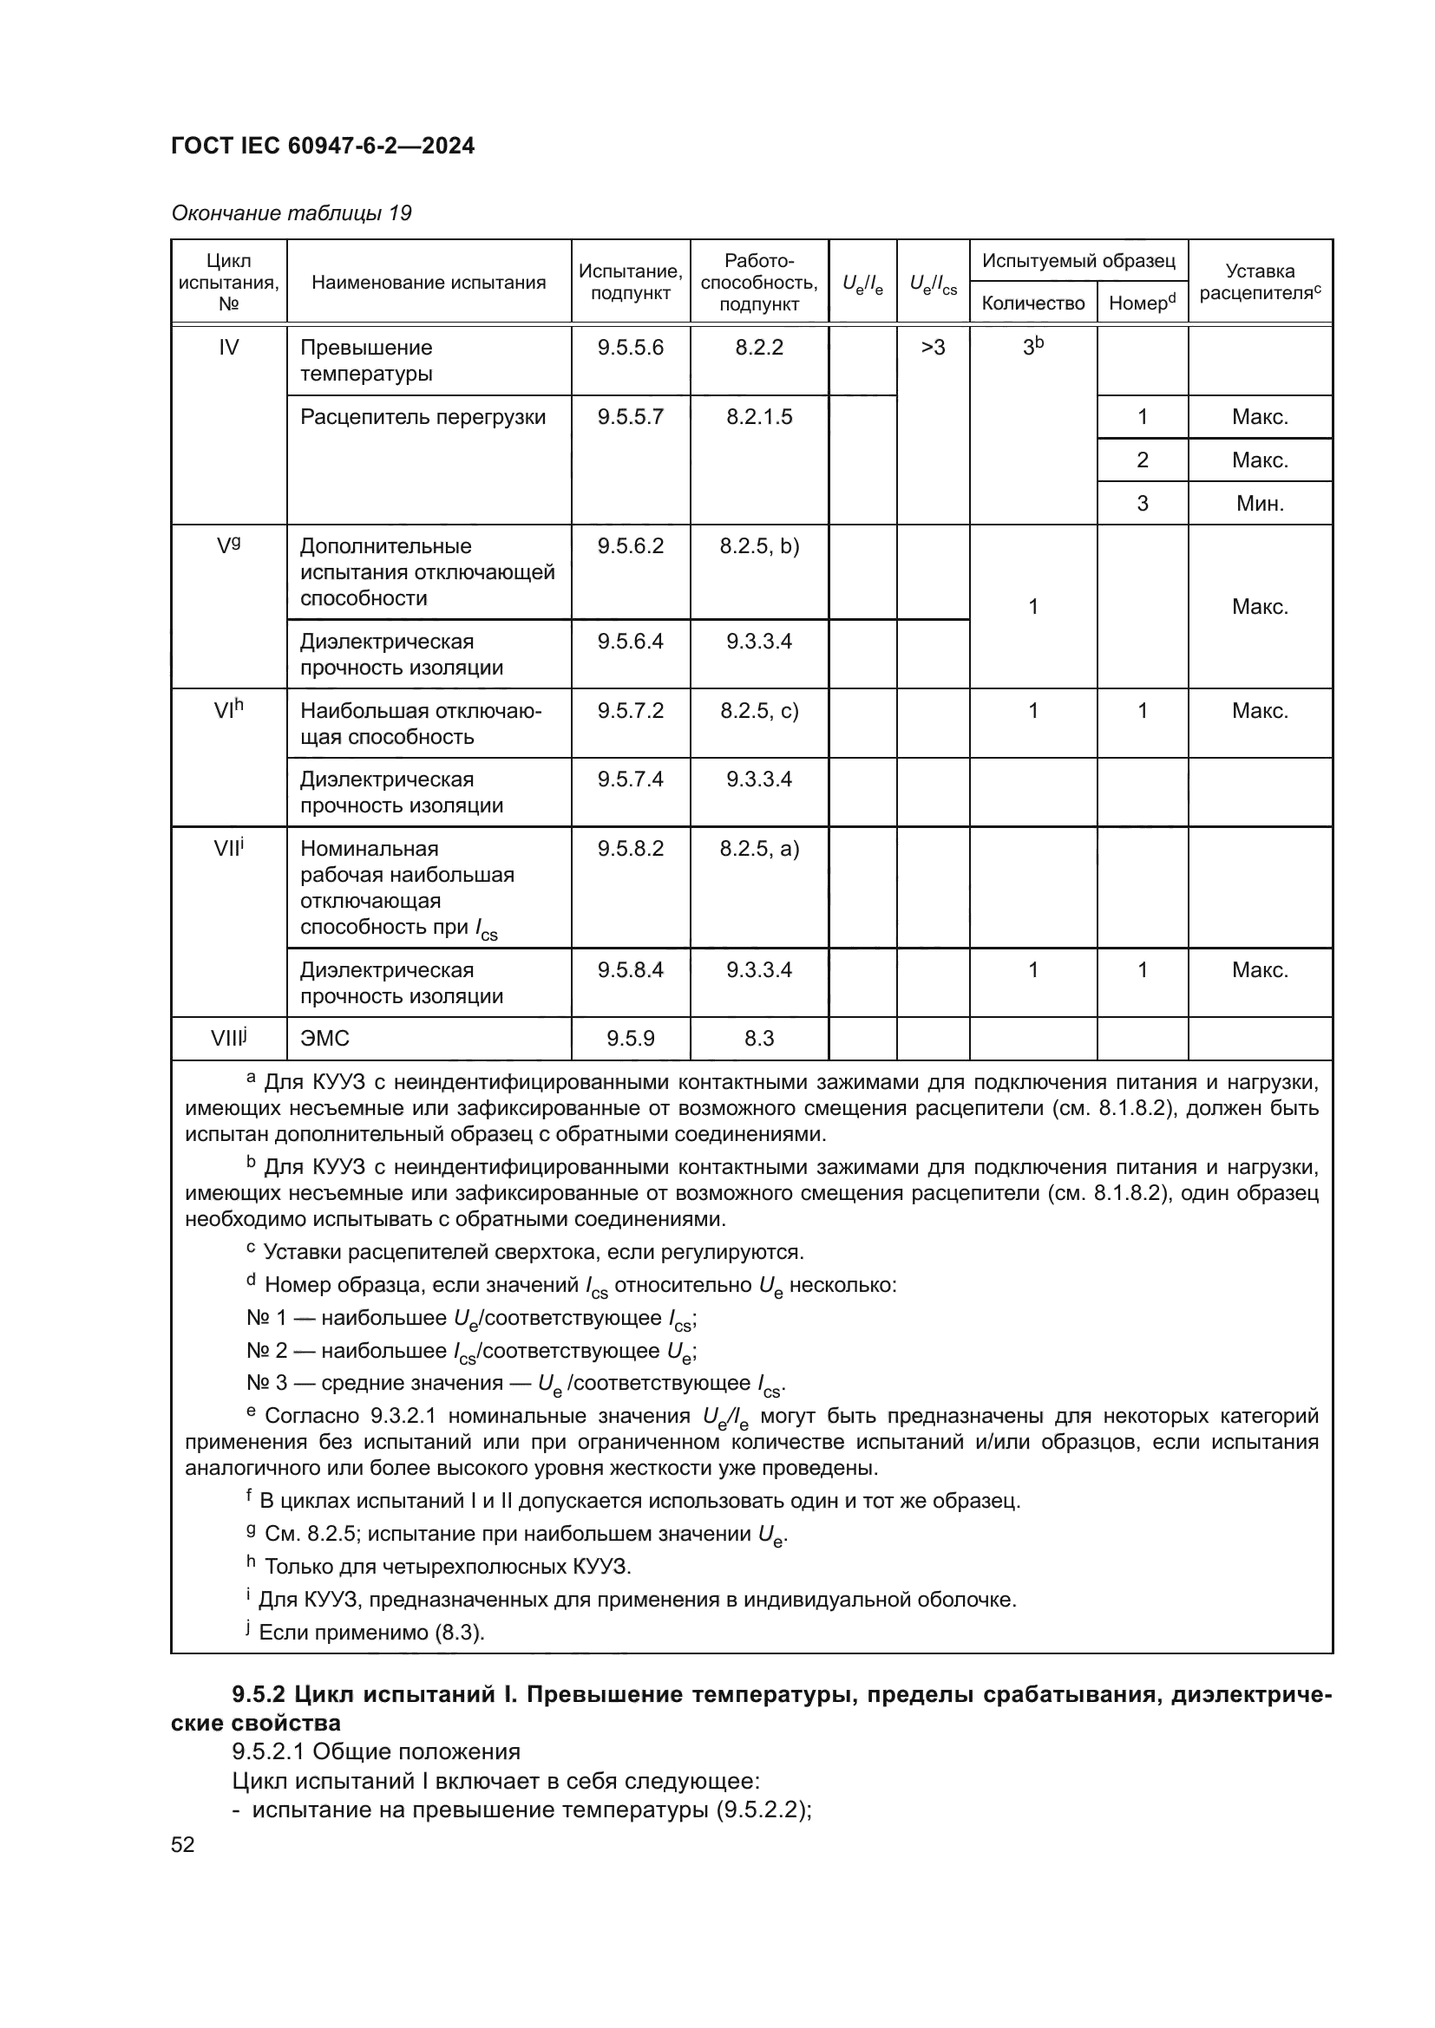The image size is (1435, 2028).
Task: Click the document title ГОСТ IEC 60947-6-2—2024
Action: tap(323, 146)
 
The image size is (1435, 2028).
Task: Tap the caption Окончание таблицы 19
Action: tap(291, 213)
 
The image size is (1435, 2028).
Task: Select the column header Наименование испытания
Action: tap(429, 283)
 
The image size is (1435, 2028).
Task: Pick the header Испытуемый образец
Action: tap(1078, 261)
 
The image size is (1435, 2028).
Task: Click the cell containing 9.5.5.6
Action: tap(630, 347)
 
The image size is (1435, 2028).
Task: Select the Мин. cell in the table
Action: tap(1259, 504)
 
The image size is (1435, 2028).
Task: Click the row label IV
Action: tap(228, 347)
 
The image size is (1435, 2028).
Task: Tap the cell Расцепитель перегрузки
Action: tap(423, 417)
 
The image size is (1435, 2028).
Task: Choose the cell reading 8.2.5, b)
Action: tap(759, 546)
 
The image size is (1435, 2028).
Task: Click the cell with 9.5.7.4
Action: tap(630, 779)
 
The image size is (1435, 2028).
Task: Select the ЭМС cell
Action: tap(325, 1039)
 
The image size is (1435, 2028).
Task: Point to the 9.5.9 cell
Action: tap(630, 1039)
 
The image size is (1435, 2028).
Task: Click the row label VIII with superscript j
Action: tap(228, 1038)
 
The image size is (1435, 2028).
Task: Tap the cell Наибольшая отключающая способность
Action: tap(421, 723)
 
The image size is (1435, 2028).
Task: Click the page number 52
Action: tap(183, 1844)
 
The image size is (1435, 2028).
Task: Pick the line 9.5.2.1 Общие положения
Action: tap(376, 1751)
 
